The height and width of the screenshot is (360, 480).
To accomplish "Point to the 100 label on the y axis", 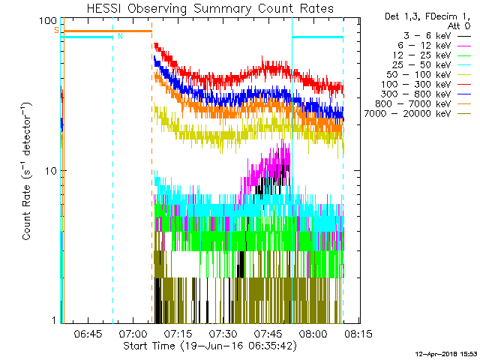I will (x=48, y=22).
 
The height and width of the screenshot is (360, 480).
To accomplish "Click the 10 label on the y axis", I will (x=51, y=171).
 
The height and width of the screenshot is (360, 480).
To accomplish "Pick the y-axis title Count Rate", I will (x=27, y=170).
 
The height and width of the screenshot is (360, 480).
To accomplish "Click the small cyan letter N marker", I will (x=120, y=35).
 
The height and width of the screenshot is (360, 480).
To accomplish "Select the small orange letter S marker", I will (x=55, y=30).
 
